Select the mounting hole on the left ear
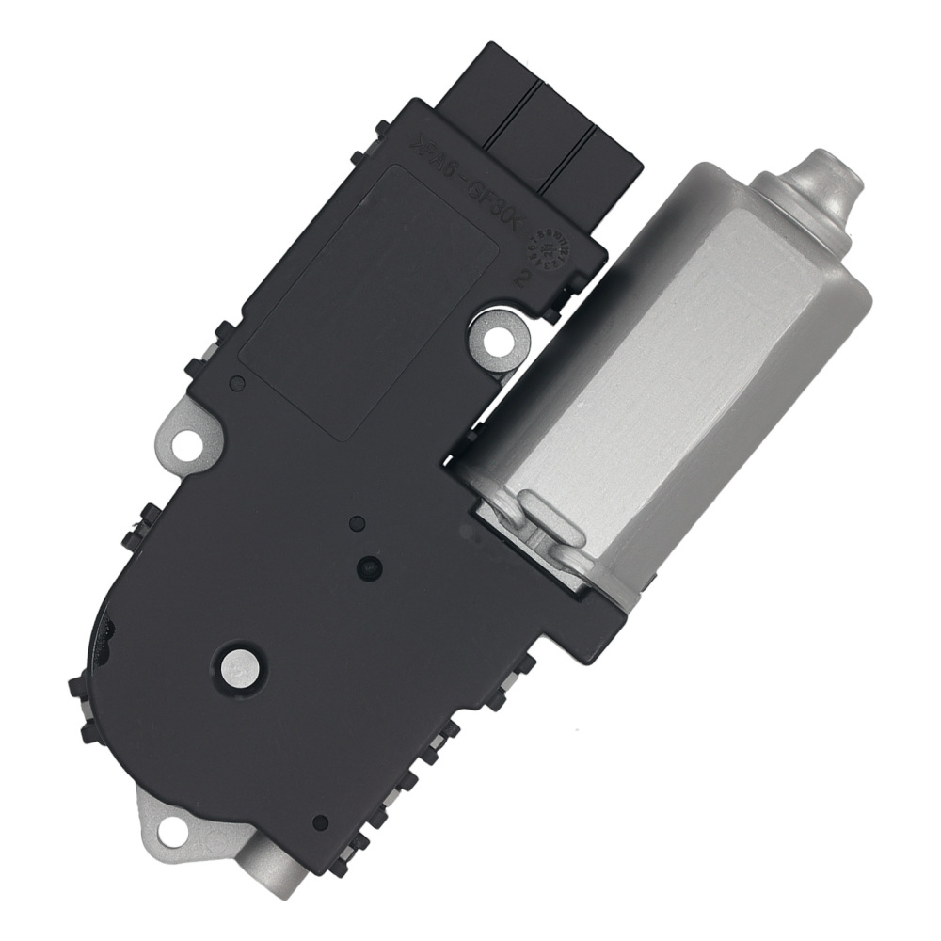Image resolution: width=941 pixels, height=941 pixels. pos(191,438)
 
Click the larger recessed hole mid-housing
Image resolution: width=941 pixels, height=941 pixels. pos(369,567)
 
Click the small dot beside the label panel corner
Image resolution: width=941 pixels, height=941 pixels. pos(238,382)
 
